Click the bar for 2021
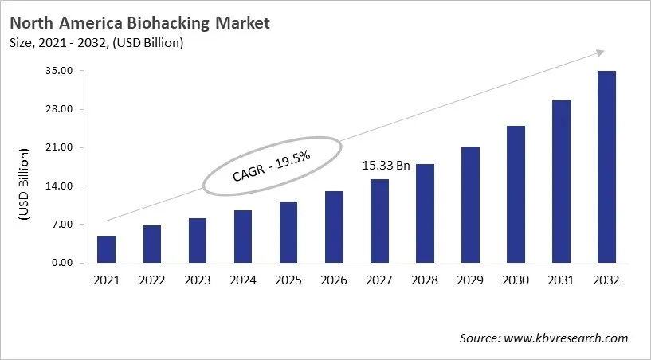(x=106, y=249)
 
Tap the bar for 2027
(x=379, y=221)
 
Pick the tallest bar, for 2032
(x=606, y=167)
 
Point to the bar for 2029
(x=470, y=205)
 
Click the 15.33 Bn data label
(x=386, y=166)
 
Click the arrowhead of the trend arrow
(x=598, y=53)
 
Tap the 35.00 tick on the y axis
(x=61, y=71)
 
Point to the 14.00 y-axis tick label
(x=61, y=186)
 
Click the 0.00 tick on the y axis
(x=63, y=263)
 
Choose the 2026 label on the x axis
(x=334, y=280)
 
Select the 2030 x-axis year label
(x=516, y=280)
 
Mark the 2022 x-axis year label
(x=151, y=280)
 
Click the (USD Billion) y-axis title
(x=23, y=185)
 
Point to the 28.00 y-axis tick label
(x=61, y=109)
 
